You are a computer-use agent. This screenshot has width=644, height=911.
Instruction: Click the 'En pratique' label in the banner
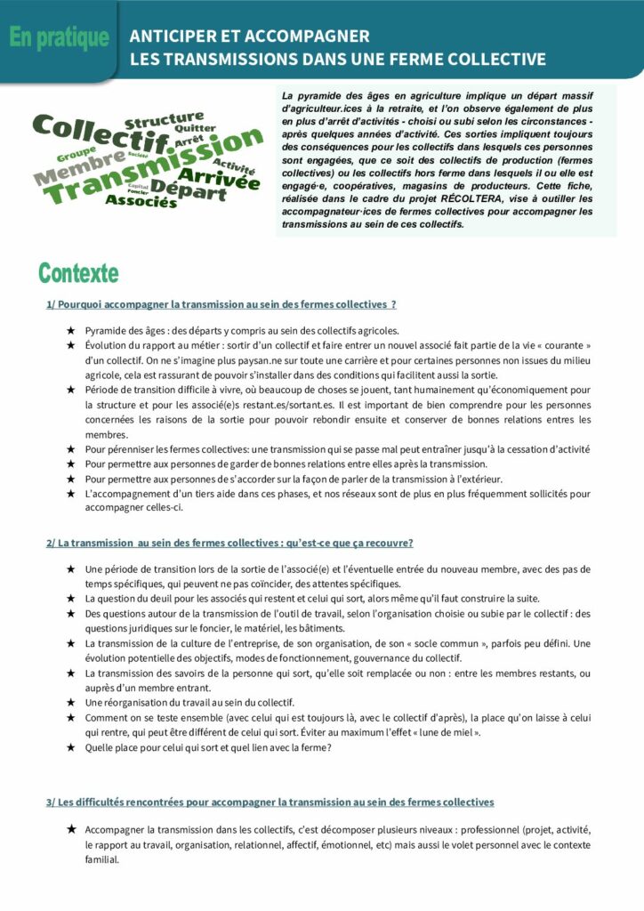(59, 38)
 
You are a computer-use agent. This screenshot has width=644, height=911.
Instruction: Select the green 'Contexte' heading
(78, 272)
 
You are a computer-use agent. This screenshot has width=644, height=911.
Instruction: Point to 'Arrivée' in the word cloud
(225, 181)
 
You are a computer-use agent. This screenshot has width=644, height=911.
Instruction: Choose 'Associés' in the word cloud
(141, 201)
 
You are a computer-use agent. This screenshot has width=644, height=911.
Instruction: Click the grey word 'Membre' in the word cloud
(78, 169)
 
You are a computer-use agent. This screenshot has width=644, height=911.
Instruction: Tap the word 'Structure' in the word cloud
(164, 118)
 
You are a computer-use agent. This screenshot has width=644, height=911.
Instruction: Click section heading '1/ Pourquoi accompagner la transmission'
(221, 304)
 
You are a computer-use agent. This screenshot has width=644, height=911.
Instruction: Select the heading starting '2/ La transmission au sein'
(229, 543)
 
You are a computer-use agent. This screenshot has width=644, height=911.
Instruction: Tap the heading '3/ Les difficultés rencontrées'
(270, 802)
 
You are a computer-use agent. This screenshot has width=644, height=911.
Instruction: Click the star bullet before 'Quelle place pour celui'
(70, 747)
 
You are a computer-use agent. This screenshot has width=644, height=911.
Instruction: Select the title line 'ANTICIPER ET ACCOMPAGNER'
(249, 36)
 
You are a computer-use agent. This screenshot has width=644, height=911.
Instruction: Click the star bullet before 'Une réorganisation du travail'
(70, 702)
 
